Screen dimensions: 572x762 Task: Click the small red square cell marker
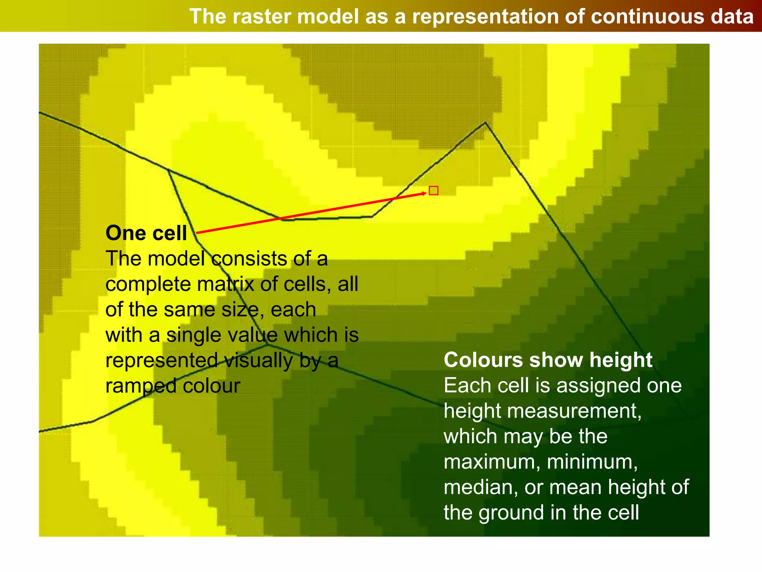point(433,191)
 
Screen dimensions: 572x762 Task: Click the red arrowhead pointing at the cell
point(425,193)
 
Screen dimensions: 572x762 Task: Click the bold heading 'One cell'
point(146,233)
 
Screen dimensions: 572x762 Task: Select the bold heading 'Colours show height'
point(548,360)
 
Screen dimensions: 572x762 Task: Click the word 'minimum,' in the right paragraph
point(592,462)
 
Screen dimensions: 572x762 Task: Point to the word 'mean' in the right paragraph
point(575,487)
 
